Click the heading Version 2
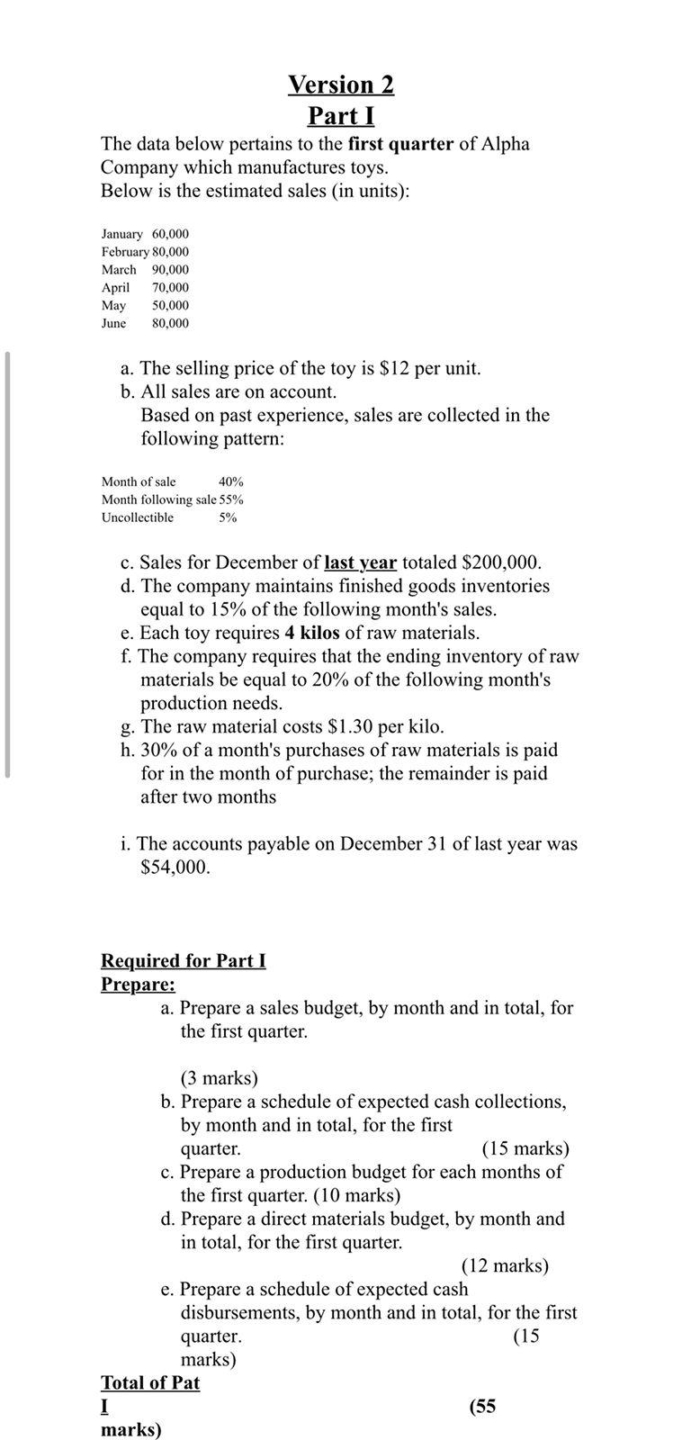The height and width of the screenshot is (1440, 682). click(x=340, y=85)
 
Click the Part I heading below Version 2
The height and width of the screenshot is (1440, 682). click(x=340, y=116)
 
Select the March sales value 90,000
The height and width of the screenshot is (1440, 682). click(x=170, y=270)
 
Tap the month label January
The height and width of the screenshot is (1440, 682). click(x=121, y=234)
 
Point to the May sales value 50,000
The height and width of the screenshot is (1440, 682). click(x=170, y=306)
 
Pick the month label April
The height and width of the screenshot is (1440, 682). click(x=115, y=288)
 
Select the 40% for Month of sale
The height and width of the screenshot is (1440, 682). click(x=230, y=482)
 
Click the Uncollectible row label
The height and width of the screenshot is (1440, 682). click(x=137, y=517)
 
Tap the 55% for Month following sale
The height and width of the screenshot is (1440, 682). click(x=231, y=499)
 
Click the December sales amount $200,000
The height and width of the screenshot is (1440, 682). click(x=500, y=562)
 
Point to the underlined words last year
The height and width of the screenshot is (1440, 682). click(x=360, y=562)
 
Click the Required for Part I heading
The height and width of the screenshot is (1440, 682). click(x=183, y=961)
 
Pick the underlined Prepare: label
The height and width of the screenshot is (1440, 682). click(x=138, y=985)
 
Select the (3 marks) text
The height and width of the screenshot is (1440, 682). click(x=219, y=1078)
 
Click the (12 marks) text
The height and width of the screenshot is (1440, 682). click(x=505, y=1265)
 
